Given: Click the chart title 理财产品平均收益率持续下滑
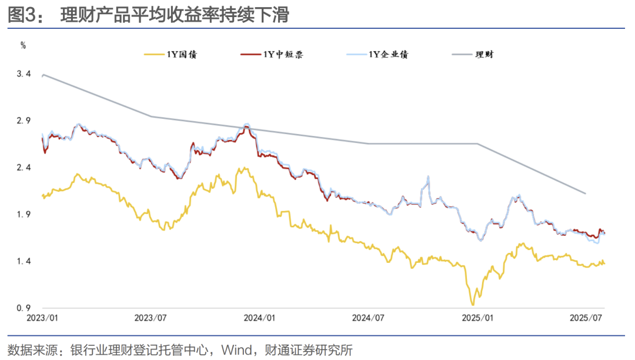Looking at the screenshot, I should [x=175, y=15].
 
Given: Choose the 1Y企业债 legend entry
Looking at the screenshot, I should [x=389, y=55].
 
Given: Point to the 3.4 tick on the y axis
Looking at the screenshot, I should [x=24, y=74].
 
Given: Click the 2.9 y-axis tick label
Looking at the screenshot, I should [x=24, y=121].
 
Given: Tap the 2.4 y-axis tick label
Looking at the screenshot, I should [x=24, y=168].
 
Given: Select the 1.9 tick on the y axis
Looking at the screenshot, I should [x=24, y=215].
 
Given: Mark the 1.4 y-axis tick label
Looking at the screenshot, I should [x=24, y=261].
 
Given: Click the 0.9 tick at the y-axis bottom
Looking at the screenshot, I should [x=24, y=308].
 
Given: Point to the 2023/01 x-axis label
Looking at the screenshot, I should [x=43, y=318].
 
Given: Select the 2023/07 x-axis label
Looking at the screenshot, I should [x=151, y=318].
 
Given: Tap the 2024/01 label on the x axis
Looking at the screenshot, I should [x=259, y=318].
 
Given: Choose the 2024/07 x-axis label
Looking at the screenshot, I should [x=368, y=318].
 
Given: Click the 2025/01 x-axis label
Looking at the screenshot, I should [x=477, y=318].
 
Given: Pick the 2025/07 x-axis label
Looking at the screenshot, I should [x=586, y=318].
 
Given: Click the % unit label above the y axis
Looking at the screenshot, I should [x=23, y=45].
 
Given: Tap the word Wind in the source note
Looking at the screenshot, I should [x=234, y=350].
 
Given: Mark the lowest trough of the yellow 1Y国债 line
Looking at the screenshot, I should [x=472, y=304].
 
